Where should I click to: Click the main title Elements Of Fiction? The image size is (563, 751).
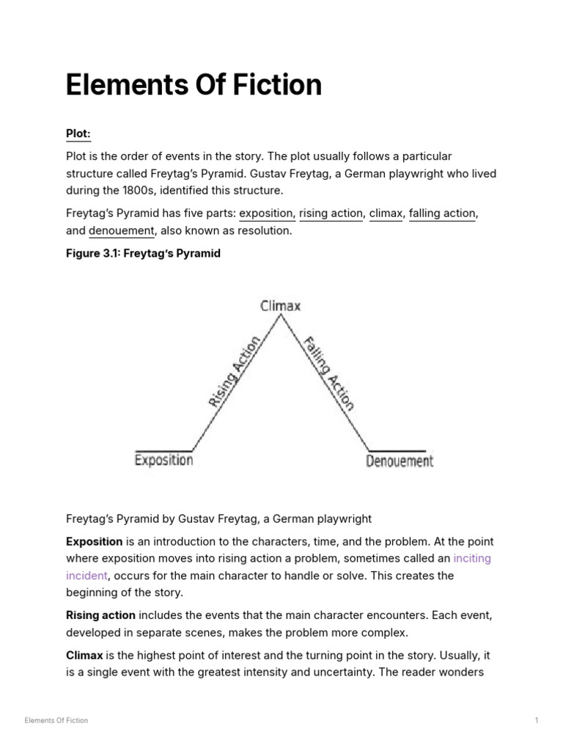pos(194,85)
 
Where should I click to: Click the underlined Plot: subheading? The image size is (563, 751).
pos(78,133)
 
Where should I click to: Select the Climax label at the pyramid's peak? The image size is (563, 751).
pos(281,306)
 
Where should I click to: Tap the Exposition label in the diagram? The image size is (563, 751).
pos(164,461)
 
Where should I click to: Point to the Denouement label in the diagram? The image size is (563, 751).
pos(400,461)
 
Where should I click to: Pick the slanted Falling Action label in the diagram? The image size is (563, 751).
pos(329,373)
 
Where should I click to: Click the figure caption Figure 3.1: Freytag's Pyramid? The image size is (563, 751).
pos(143,254)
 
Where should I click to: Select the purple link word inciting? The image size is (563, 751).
pos(472,558)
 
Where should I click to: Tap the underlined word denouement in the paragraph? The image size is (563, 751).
pos(122,231)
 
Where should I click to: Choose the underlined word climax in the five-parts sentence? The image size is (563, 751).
pos(386,213)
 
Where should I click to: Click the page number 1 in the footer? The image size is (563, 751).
pos(537,720)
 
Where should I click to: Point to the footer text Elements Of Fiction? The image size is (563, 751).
pos(56,720)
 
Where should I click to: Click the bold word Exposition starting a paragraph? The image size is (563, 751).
pos(95,541)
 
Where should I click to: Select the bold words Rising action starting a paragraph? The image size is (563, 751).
pos(100,615)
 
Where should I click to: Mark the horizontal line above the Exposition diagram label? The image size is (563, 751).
pos(163,450)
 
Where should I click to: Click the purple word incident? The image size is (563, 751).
pos(87,576)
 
